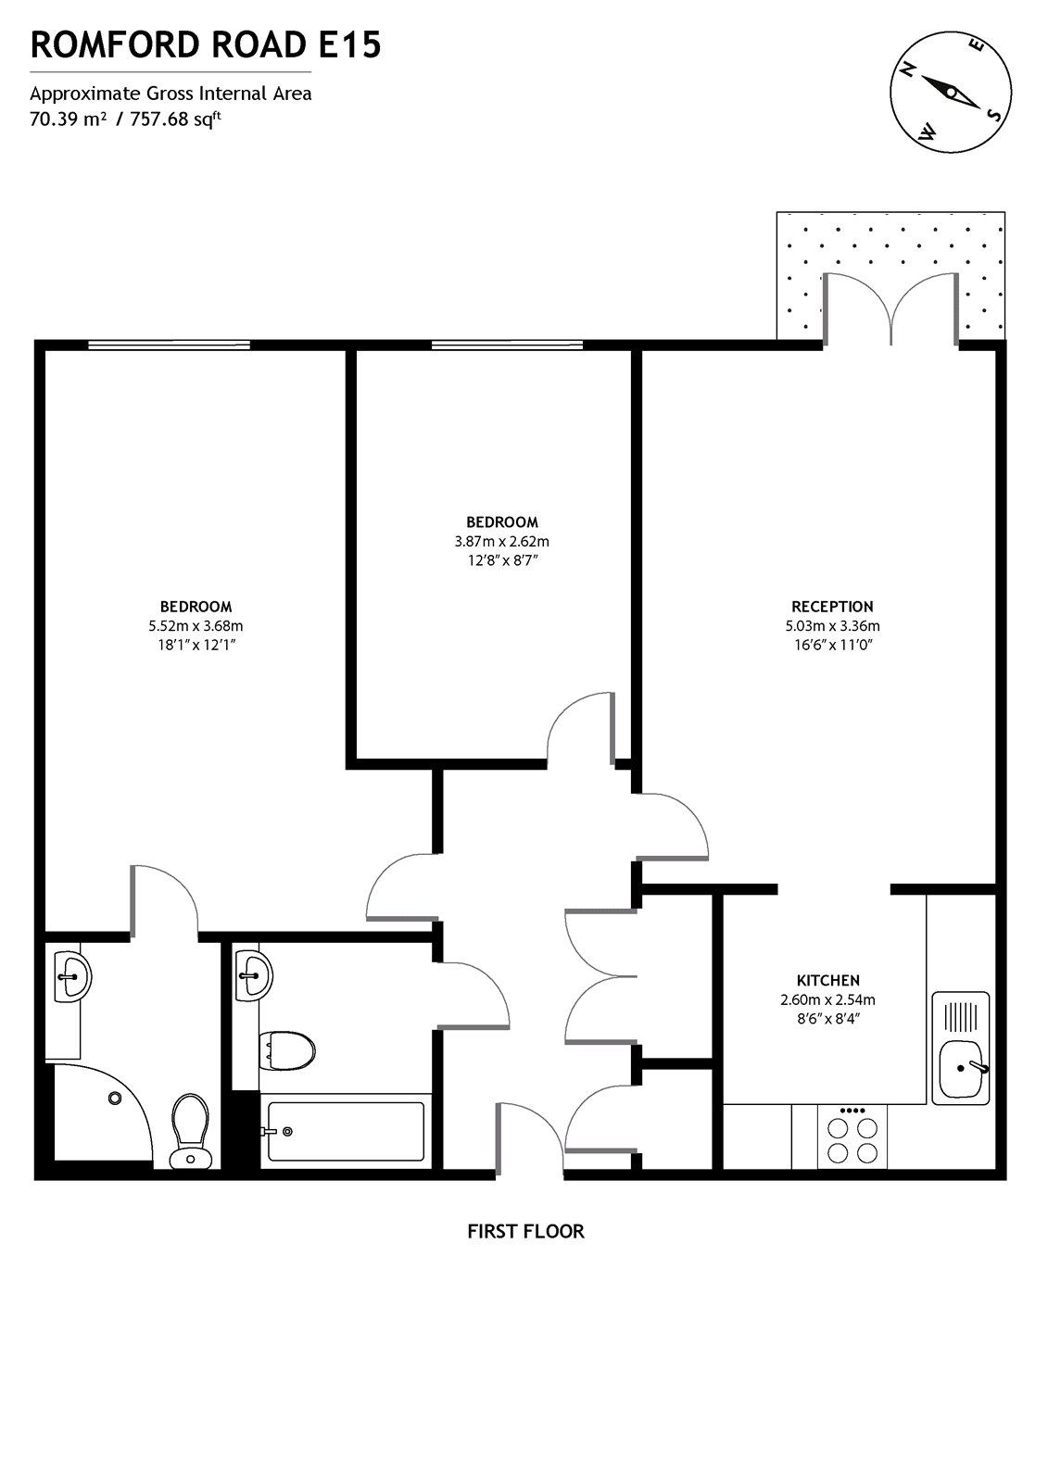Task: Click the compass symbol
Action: point(948,91)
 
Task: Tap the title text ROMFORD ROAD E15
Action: point(206,44)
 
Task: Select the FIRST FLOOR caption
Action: point(525,1231)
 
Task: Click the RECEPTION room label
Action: point(832,607)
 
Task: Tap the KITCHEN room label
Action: point(827,980)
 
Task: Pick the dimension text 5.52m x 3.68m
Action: point(196,626)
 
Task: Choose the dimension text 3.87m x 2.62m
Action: point(501,542)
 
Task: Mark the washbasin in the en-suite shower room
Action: point(71,975)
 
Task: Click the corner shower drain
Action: point(115,1098)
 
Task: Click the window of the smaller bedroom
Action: point(507,345)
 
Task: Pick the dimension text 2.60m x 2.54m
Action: point(827,999)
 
